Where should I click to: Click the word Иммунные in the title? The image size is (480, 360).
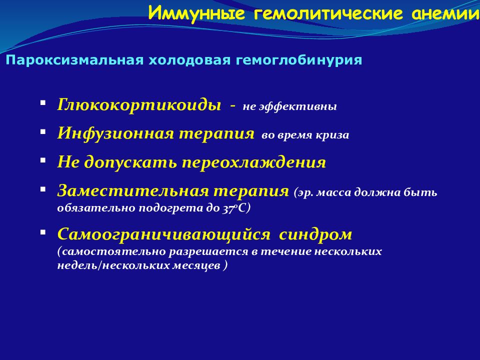[x=196, y=13]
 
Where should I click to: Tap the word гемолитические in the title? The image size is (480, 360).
[x=328, y=14]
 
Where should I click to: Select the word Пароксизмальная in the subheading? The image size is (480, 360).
[x=74, y=60]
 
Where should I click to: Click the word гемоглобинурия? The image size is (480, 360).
[x=299, y=60]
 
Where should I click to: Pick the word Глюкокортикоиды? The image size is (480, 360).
[x=139, y=104]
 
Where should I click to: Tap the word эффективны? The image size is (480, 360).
[x=298, y=106]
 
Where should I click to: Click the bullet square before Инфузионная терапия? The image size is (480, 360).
[x=43, y=131]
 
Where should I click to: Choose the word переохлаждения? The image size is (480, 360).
[x=254, y=162]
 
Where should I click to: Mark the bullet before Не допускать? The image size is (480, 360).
[x=43, y=160]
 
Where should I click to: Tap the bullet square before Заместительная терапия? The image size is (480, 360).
[x=43, y=189]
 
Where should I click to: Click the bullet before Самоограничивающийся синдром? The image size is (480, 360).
[x=43, y=232]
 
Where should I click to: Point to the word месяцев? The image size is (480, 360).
[x=196, y=265]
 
